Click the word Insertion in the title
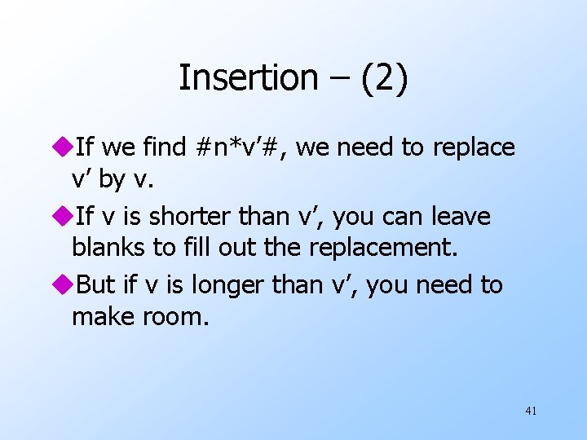coord(248,78)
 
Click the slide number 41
coord(531,411)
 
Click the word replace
coord(474,147)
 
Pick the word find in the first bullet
coord(166,147)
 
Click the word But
coord(95,285)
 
